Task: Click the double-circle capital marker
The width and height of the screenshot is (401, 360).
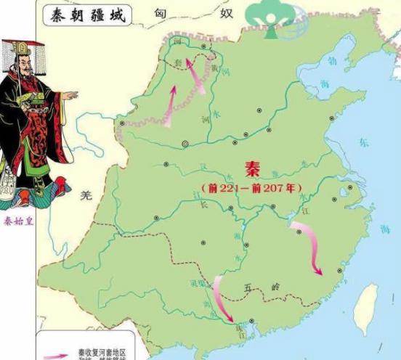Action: (x=185, y=144)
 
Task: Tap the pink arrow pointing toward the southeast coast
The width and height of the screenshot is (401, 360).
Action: (x=309, y=247)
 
